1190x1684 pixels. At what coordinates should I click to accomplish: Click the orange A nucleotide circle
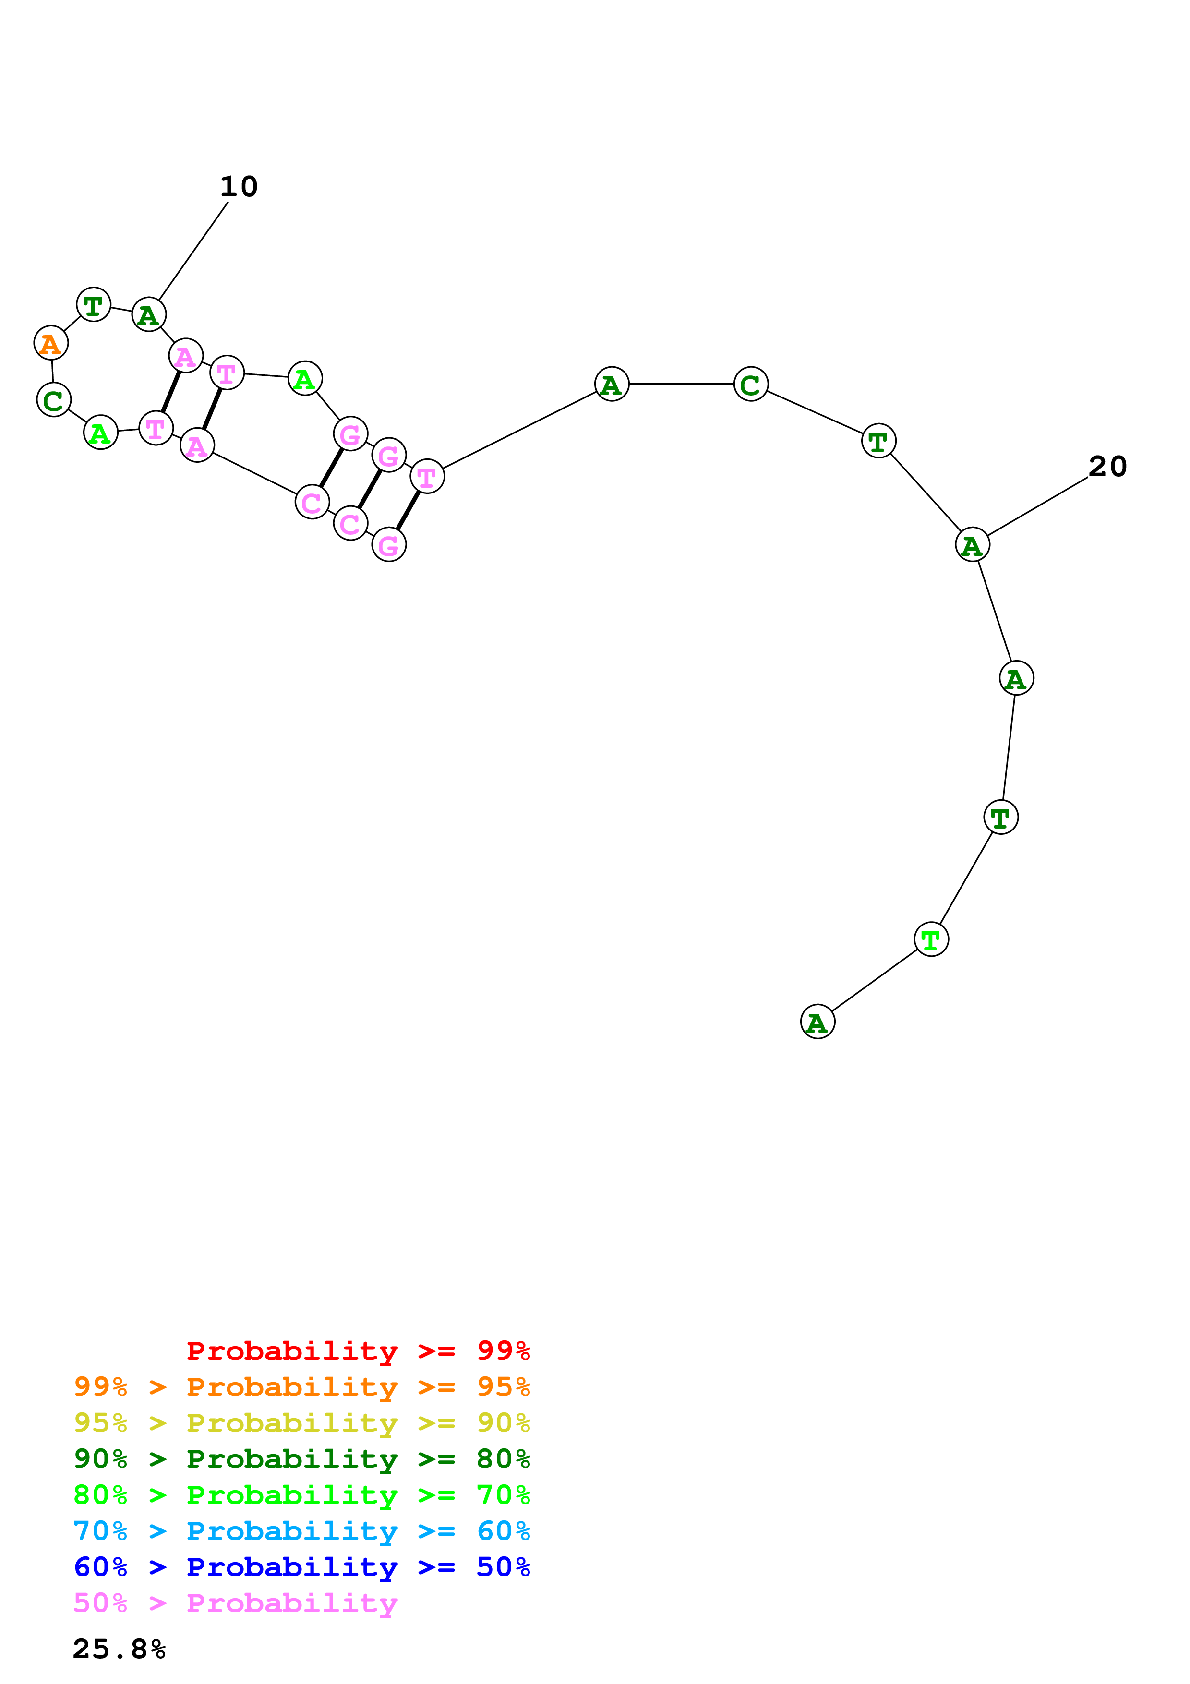pyautogui.click(x=50, y=343)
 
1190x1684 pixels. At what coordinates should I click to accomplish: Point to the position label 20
pyautogui.click(x=1107, y=467)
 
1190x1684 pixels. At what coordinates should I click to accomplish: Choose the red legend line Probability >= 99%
pyautogui.click(x=358, y=1350)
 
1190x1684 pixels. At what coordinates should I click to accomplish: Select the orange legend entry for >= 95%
pyautogui.click(x=302, y=1386)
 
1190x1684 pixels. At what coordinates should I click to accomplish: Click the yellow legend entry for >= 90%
pyautogui.click(x=302, y=1422)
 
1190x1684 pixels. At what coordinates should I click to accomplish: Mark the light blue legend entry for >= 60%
pyautogui.click(x=302, y=1531)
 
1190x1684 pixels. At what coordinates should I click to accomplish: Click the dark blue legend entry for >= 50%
pyautogui.click(x=302, y=1567)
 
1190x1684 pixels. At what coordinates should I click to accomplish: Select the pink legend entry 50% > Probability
pyautogui.click(x=235, y=1602)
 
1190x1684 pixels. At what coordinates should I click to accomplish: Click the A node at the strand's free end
pyautogui.click(x=817, y=1022)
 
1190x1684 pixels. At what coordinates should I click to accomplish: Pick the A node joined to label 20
pyautogui.click(x=972, y=544)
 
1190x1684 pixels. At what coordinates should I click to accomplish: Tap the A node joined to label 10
pyautogui.click(x=149, y=314)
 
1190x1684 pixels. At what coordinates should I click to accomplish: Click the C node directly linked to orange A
pyautogui.click(x=54, y=400)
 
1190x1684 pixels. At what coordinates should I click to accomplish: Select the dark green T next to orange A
pyautogui.click(x=93, y=304)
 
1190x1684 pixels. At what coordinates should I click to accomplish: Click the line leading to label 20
pyautogui.click(x=1037, y=506)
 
